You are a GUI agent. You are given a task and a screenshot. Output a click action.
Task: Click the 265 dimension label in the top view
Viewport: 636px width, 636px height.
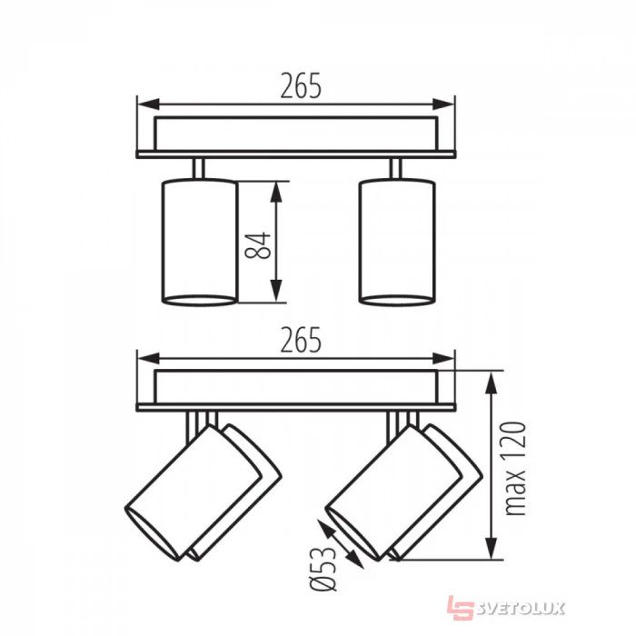pyautogui.click(x=301, y=86)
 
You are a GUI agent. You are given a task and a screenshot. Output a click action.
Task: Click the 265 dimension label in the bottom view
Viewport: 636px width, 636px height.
pyautogui.click(x=301, y=340)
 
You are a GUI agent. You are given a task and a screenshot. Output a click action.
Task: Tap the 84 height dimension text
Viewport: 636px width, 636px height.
pyautogui.click(x=258, y=245)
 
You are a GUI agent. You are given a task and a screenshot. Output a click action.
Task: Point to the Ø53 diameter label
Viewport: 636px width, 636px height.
pyautogui.click(x=323, y=569)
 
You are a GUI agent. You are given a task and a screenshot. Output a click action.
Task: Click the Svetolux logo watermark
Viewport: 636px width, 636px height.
pyautogui.click(x=506, y=608)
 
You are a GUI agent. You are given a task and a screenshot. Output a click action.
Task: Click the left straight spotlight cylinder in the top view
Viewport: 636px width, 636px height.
pyautogui.click(x=199, y=243)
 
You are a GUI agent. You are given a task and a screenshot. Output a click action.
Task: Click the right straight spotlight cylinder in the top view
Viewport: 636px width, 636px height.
pyautogui.click(x=398, y=243)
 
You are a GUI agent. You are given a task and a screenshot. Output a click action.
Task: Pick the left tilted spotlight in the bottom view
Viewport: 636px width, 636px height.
pyautogui.click(x=203, y=492)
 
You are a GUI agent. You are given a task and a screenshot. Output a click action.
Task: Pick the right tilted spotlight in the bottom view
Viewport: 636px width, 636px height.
pyautogui.click(x=404, y=492)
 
